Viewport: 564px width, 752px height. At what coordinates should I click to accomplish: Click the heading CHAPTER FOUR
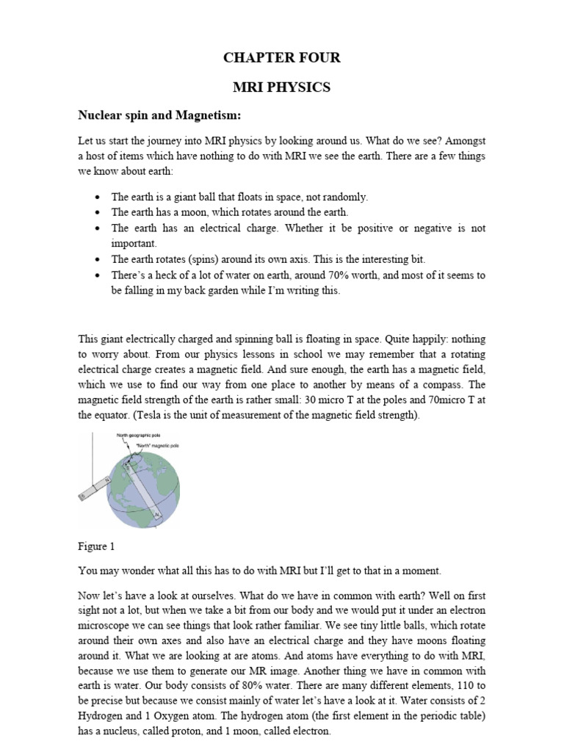click(282, 58)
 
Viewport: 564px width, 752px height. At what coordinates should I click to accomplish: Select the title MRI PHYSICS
click(282, 87)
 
